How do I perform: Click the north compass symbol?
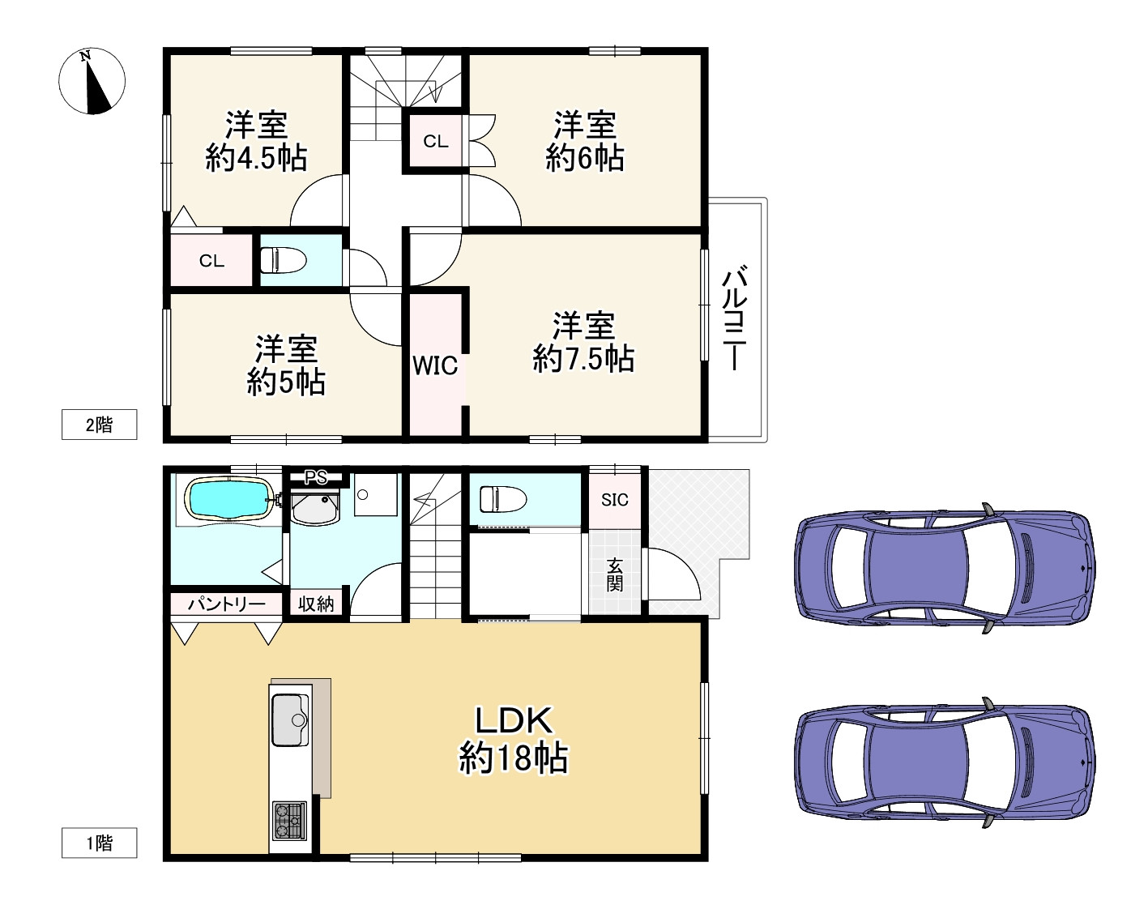(92, 80)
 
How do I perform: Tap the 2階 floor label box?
(99, 425)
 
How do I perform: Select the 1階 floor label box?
(99, 843)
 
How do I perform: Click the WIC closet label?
(435, 366)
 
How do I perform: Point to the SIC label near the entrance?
(615, 500)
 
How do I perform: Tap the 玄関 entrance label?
(615, 574)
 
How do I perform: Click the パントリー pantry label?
(226, 604)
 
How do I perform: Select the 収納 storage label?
(316, 604)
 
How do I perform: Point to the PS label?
(315, 476)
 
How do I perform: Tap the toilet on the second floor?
(284, 261)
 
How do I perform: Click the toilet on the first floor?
(503, 499)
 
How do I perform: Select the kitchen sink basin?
(291, 719)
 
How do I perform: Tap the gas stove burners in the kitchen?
(290, 821)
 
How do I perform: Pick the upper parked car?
(945, 568)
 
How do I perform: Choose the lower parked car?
(945, 762)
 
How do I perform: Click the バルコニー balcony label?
(734, 318)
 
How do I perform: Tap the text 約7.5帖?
(583, 359)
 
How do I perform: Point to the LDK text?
(514, 720)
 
